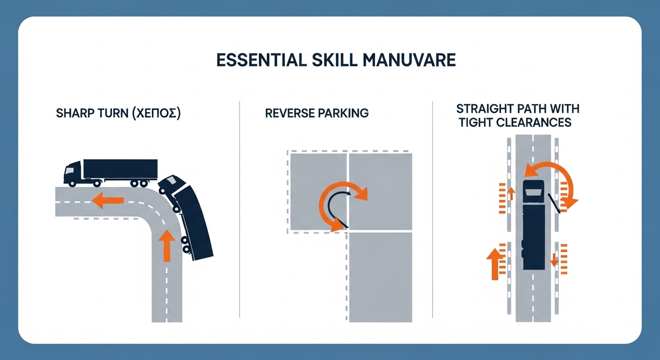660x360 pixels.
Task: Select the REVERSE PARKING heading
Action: pyautogui.click(x=317, y=113)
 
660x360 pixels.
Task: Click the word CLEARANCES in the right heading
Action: pyautogui.click(x=533, y=122)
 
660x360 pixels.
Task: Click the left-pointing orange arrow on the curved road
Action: pyautogui.click(x=107, y=200)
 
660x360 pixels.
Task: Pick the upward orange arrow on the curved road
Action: pyautogui.click(x=167, y=246)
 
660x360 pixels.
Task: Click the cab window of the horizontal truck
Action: pyautogui.click(x=70, y=170)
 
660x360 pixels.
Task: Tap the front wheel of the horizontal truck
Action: pyautogui.click(x=72, y=183)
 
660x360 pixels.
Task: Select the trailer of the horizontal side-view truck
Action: pyautogui.click(x=120, y=169)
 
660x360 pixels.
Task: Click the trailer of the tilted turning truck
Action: pyautogui.click(x=193, y=223)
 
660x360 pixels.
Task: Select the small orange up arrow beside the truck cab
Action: pyautogui.click(x=511, y=194)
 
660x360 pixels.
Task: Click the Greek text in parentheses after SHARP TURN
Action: pyautogui.click(x=155, y=113)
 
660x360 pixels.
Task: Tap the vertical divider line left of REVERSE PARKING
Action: pyautogui.click(x=240, y=210)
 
